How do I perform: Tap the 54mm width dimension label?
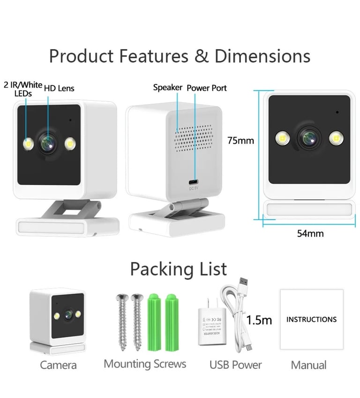coord(310,233)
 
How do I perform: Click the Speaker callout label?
coord(167,88)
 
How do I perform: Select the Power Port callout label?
coord(207,88)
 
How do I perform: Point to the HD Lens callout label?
coord(59,88)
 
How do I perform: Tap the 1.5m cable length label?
coord(259,320)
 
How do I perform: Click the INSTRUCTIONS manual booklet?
coord(311,320)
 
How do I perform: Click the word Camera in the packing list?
coord(58,365)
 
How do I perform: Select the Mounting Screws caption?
coord(145,364)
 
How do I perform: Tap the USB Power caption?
coord(235,365)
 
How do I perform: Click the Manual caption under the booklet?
coord(309,365)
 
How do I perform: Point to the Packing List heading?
coord(178,269)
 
